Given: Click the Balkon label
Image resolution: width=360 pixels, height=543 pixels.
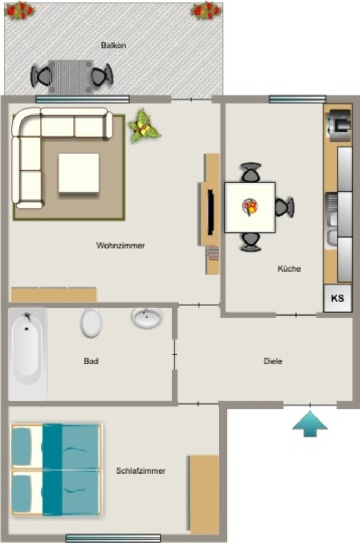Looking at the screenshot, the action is (113, 46).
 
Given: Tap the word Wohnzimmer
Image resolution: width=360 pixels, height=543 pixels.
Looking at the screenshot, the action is (120, 246).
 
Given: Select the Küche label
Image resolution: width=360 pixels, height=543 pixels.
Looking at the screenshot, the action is (289, 268).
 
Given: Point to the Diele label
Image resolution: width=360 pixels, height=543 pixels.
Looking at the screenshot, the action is (273, 361).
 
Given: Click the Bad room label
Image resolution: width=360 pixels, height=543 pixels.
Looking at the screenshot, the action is (91, 361).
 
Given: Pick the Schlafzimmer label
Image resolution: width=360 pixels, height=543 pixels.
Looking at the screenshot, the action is (141, 471).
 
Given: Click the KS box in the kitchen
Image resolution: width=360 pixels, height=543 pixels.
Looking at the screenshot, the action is (338, 298).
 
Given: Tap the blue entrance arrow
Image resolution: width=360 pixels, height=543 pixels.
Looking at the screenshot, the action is (310, 424).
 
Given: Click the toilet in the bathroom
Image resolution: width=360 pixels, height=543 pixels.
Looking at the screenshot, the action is (91, 322).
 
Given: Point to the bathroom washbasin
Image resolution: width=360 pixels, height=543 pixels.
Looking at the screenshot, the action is (147, 318).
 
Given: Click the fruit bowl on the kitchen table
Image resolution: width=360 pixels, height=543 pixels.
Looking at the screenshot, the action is (250, 207).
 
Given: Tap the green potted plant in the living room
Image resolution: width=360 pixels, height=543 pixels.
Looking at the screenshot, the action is (144, 126).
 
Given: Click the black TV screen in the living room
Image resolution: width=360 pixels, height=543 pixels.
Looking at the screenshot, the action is (210, 213).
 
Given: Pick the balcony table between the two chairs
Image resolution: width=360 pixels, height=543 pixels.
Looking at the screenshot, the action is (71, 77).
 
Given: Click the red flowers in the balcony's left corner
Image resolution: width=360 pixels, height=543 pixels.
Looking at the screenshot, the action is (20, 11).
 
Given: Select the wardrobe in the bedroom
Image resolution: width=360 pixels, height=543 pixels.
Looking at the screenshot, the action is (204, 494).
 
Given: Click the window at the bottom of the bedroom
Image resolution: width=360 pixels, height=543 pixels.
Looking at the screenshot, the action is (113, 538).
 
